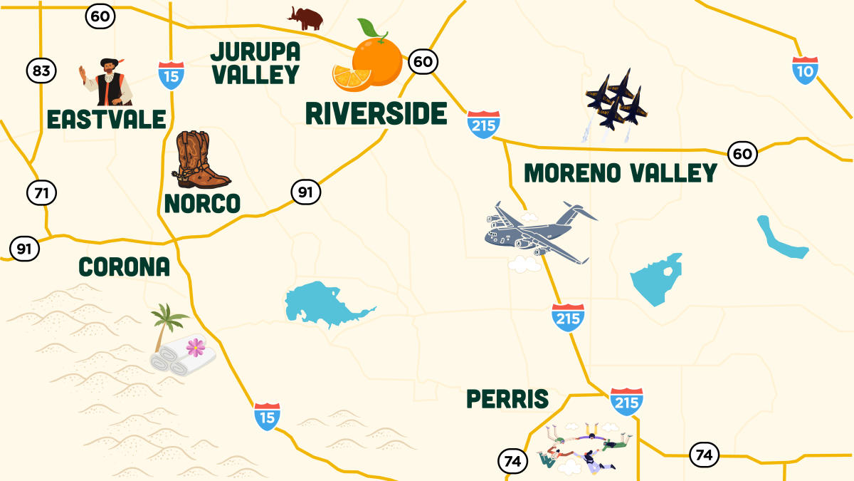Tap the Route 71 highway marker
(x=42, y=192)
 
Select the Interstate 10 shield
(x=805, y=71)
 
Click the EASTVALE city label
(x=106, y=119)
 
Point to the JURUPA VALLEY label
(x=255, y=63)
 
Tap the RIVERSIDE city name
(x=376, y=113)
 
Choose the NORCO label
(x=202, y=204)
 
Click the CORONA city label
(x=124, y=267)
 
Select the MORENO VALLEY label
(x=620, y=173)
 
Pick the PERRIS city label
(x=507, y=400)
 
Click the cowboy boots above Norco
(x=201, y=160)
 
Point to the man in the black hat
(x=107, y=81)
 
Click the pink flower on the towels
(x=195, y=347)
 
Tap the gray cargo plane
(x=541, y=230)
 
